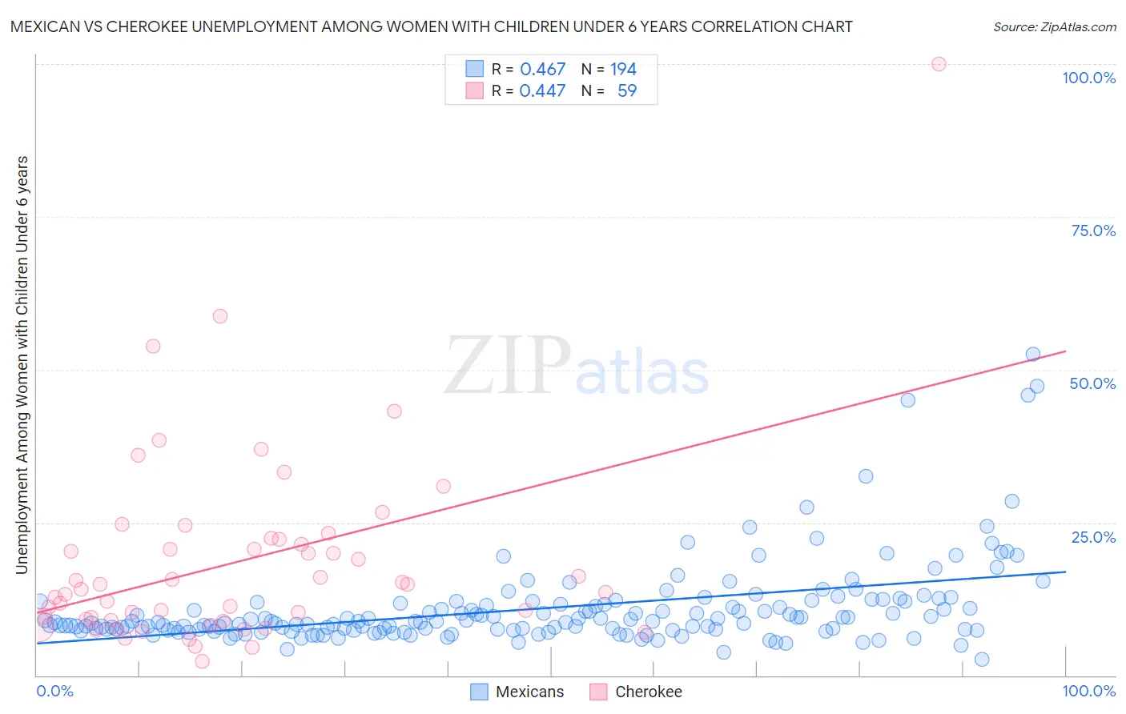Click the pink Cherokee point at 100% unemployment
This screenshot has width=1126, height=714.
pos(939,64)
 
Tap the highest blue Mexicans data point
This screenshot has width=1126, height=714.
pos(1033,354)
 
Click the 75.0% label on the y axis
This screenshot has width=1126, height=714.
pos(1093,231)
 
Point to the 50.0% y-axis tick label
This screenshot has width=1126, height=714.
pos(1092,383)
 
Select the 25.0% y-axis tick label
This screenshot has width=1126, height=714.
pos(1093,537)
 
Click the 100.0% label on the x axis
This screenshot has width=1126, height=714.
pos(1088,691)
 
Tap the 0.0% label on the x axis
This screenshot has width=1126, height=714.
pos(54,691)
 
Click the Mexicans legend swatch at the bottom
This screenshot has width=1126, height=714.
pos(479,692)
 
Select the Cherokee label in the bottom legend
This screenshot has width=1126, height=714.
pos(648,692)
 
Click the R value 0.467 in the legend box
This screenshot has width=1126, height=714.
pos(543,70)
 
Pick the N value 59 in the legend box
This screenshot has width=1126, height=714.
pos(627,91)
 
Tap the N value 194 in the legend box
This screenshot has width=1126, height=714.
pos(623,70)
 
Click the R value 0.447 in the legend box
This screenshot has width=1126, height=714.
pos(543,91)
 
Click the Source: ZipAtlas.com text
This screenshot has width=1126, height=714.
pos(1054,26)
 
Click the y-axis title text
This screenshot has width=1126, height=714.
pos(22,364)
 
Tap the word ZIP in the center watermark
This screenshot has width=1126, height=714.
pos(507,367)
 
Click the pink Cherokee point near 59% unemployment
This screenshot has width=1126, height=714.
pos(220,316)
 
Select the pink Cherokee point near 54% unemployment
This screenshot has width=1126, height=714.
pos(153,346)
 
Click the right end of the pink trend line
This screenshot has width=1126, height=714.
pos(1065,351)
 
